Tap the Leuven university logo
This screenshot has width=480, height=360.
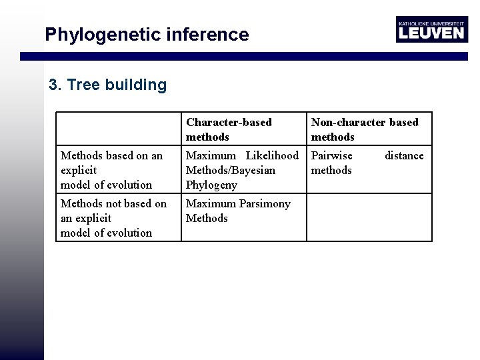[x=431, y=30]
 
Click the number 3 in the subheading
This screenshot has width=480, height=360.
[x=53, y=85]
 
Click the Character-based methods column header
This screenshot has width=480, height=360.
[x=229, y=129]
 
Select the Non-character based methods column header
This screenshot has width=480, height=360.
[x=365, y=129]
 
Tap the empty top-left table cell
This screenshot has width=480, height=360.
[x=118, y=129]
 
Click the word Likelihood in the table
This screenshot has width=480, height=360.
[x=272, y=156]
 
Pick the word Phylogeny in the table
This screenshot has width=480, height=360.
[x=211, y=185]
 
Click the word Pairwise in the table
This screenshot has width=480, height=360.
[x=332, y=156]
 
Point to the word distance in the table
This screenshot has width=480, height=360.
[x=404, y=156]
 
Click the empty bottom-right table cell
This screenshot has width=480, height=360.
[x=369, y=217]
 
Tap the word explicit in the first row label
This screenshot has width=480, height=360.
[x=79, y=171]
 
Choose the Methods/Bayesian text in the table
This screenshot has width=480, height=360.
[x=230, y=171]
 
